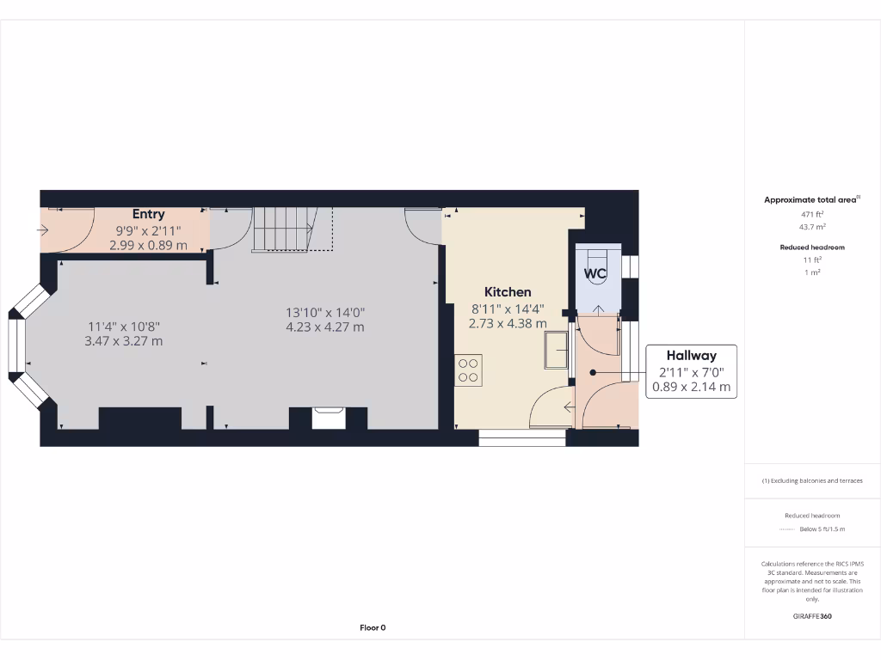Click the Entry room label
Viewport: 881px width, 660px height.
click(x=148, y=214)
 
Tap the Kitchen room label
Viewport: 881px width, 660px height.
click(x=508, y=292)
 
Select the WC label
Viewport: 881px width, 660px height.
click(x=595, y=274)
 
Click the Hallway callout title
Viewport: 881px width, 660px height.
click(x=691, y=355)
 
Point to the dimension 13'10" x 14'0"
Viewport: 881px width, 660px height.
click(x=325, y=312)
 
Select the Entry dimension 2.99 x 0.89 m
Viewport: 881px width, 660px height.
click(x=148, y=245)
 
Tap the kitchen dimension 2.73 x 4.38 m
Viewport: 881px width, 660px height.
click(x=508, y=324)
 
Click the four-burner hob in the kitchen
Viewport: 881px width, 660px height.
click(x=469, y=370)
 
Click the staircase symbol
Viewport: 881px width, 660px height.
click(x=284, y=229)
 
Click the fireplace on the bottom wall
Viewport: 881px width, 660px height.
click(x=328, y=417)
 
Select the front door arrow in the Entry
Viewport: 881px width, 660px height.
click(x=44, y=230)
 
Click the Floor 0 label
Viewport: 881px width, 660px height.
click(x=373, y=627)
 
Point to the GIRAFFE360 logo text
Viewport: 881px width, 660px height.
click(x=812, y=616)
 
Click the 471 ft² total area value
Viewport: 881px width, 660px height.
click(x=812, y=214)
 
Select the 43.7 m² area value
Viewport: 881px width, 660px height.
click(x=812, y=227)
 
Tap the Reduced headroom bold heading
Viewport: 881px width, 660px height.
click(x=812, y=247)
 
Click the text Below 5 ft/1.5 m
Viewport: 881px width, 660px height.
click(x=822, y=529)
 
